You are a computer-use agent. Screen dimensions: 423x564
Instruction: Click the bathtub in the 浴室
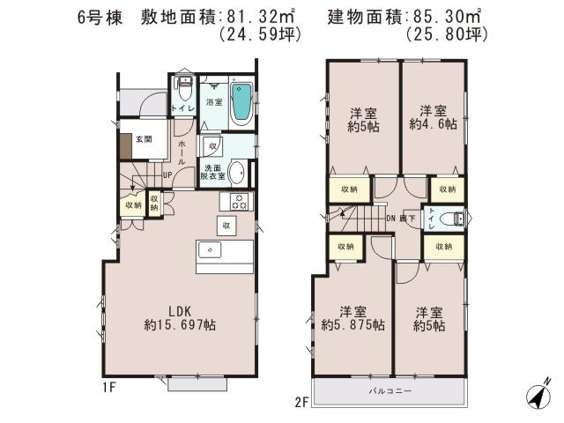[x=241, y=104]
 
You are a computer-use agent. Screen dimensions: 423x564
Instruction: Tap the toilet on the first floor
[x=183, y=89]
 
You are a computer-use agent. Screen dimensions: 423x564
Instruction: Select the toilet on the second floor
[x=449, y=219]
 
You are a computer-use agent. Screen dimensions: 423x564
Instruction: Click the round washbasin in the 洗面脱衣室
[x=237, y=171]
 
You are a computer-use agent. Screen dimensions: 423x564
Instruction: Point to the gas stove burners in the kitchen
[x=241, y=202]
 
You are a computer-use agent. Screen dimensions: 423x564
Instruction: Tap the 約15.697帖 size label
[x=181, y=326]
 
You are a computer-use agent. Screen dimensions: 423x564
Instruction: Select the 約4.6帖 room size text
[x=433, y=125]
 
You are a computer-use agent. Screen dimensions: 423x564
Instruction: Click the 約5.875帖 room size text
[x=352, y=325]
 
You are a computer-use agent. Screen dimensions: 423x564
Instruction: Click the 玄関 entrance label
[x=144, y=139]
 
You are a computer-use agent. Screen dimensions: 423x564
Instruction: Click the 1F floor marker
[x=108, y=386]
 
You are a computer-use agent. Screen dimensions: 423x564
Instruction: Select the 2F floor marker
[x=301, y=403]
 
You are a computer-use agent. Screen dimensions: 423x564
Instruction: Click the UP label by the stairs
[x=166, y=175]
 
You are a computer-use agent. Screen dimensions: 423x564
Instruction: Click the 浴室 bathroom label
[x=214, y=102]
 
